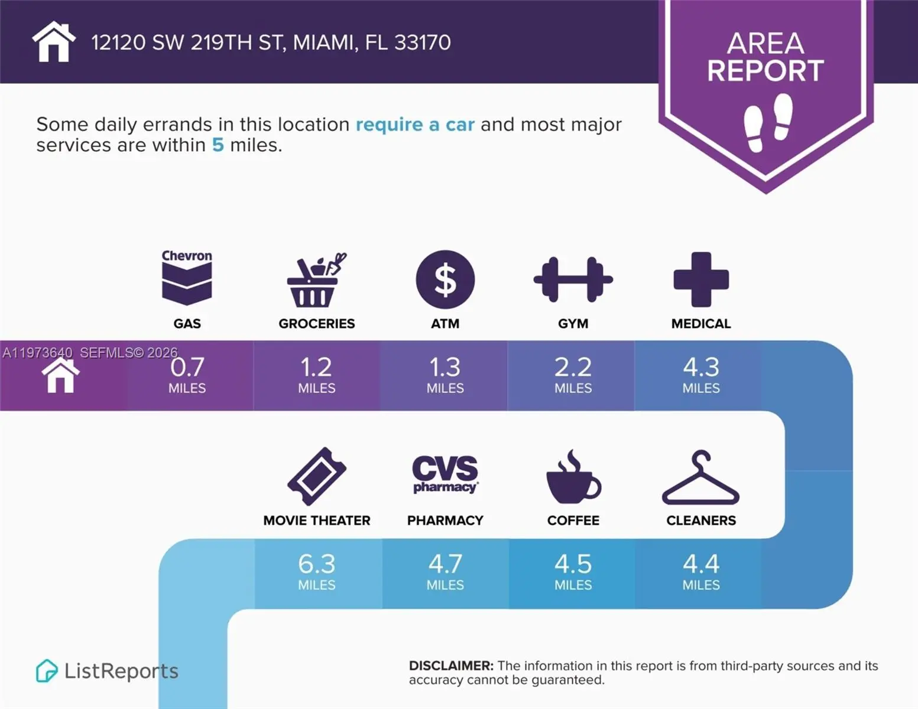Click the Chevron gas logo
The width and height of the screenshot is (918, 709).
click(x=187, y=278)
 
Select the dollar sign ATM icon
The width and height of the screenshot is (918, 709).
click(x=445, y=279)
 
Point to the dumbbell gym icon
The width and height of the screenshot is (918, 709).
click(x=573, y=279)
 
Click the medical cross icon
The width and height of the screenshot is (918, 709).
click(x=701, y=279)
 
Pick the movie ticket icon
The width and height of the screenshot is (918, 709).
click(x=317, y=476)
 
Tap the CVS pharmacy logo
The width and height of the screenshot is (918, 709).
click(x=445, y=474)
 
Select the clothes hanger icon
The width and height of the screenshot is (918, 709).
click(x=700, y=478)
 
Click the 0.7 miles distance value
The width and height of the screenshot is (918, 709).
click(x=187, y=367)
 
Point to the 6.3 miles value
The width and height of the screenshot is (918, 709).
click(x=317, y=564)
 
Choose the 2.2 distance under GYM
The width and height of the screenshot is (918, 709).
click(x=573, y=367)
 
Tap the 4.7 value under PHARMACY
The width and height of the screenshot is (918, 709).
click(x=445, y=564)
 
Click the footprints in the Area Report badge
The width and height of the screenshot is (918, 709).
click(x=767, y=122)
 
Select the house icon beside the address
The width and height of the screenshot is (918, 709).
click(x=54, y=42)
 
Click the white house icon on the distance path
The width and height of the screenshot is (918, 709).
click(x=60, y=376)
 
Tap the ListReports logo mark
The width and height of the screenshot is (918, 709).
click(x=47, y=671)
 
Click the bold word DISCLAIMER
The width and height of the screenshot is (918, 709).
click(x=450, y=666)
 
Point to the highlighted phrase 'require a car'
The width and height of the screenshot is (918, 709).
click(x=415, y=125)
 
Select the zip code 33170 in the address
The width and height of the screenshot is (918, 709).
click(x=422, y=43)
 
